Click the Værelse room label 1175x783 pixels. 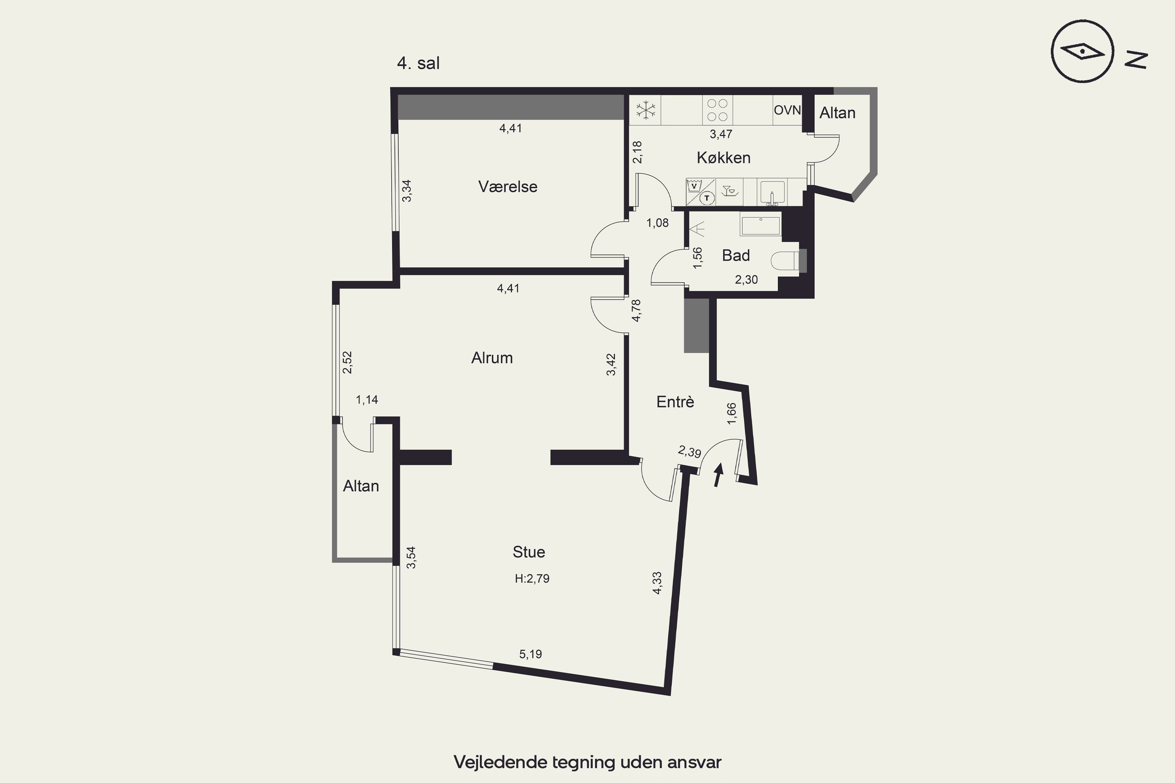[508, 187]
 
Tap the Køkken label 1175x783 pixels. [723, 158]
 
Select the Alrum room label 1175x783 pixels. [492, 358]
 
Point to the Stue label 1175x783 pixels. [528, 552]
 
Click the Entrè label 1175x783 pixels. [675, 402]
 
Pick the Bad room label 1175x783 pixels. [736, 256]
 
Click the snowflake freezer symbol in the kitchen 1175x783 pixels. [645, 110]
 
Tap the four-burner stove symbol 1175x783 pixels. [718, 110]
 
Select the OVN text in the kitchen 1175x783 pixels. [787, 110]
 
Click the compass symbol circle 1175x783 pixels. [1082, 51]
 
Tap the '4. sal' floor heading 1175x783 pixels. [418, 63]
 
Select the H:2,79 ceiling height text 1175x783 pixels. [532, 579]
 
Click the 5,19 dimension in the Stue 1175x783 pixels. [531, 654]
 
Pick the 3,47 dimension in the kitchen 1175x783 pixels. [721, 134]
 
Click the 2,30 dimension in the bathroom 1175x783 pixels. [747, 280]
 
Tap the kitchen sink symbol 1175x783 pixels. [772, 192]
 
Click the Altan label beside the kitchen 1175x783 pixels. [837, 114]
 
